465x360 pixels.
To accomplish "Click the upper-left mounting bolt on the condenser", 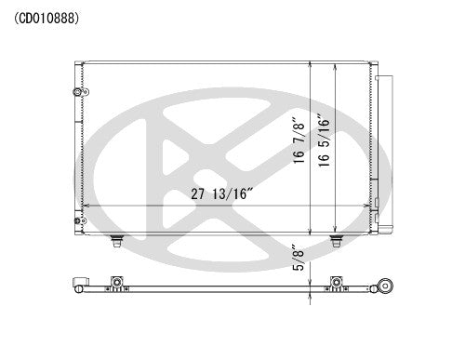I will [x=75, y=91].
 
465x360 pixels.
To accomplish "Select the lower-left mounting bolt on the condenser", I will [x=75, y=219].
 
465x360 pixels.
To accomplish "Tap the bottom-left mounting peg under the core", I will [x=116, y=243].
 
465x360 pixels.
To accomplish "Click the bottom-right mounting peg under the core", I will [x=337, y=243].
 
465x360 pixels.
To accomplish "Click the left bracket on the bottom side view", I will [x=116, y=283].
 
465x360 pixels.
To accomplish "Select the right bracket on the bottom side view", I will [x=337, y=283].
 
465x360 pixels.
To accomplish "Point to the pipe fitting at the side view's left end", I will [x=80, y=285].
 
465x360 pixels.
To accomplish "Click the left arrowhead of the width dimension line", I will [x=86, y=206].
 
